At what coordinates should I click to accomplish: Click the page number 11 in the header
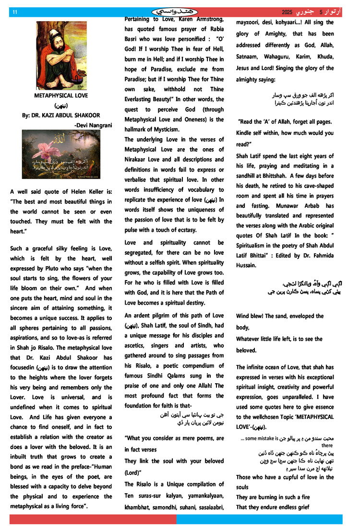pos(15,12)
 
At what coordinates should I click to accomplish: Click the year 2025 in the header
pos(288,12)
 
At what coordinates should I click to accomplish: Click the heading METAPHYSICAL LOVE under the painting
pos(61,95)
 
